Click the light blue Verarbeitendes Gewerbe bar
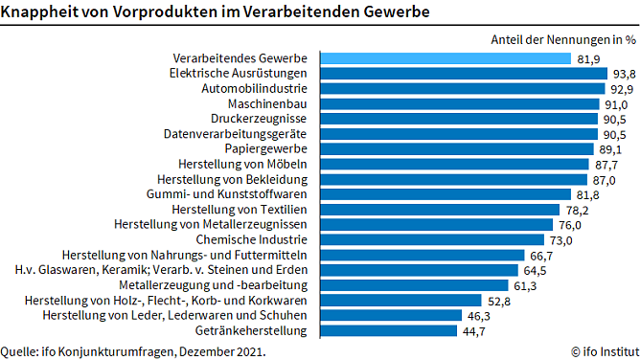(445, 58)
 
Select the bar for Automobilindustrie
(460, 88)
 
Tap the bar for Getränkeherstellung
(387, 330)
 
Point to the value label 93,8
(623, 74)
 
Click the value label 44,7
(474, 330)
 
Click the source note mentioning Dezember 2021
(133, 350)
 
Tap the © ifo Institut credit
(603, 350)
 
